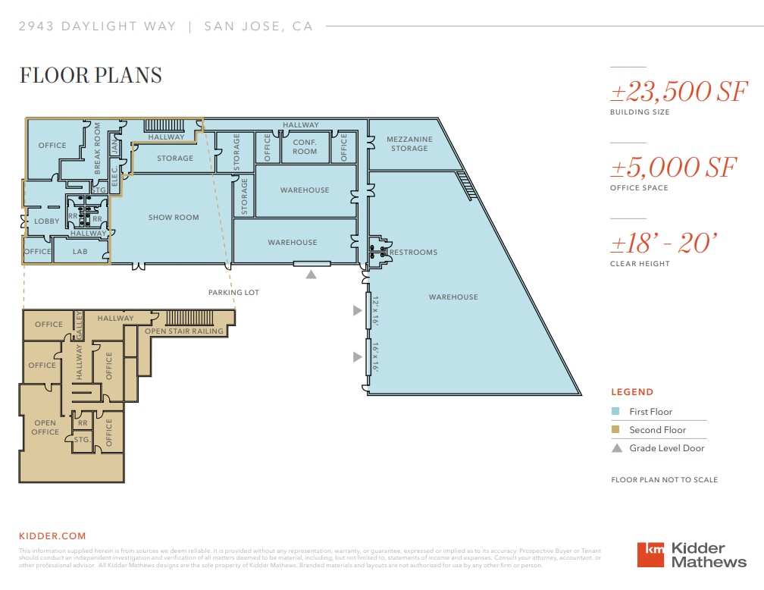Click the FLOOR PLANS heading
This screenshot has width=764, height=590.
90,75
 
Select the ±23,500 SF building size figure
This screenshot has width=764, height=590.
679,92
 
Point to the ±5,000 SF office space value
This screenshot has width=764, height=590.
673,168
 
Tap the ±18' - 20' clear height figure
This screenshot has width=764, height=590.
663,243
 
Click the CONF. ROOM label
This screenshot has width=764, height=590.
305,146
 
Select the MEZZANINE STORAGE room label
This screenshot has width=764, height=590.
409,144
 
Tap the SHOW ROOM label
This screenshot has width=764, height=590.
174,218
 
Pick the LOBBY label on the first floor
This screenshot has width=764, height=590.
47,221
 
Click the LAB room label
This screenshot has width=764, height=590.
80,252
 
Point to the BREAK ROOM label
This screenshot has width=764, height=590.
98,149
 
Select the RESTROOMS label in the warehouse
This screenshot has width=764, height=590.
414,253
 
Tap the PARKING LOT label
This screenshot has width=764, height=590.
234,292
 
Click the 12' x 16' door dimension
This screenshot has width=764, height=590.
374,311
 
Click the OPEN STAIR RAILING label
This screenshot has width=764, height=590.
184,331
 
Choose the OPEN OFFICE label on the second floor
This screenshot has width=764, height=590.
45,428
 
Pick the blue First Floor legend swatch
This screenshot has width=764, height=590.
616,412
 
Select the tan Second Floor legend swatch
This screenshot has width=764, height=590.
616,430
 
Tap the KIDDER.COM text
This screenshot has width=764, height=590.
52,536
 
